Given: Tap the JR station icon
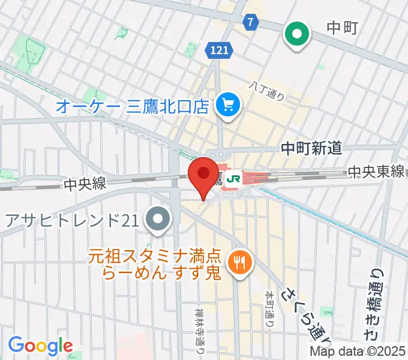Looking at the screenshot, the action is tap(235, 178).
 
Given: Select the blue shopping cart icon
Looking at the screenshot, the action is tap(228, 107).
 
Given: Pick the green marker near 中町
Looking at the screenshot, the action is tap(296, 35).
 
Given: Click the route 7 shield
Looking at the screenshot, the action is tap(251, 22).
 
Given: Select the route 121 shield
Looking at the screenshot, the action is tap(220, 51).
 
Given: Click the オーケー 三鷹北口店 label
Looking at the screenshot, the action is tap(132, 107).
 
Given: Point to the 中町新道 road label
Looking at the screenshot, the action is tap(312, 148).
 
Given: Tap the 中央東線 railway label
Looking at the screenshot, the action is tap(377, 172).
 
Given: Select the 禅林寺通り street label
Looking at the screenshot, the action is tap(200, 329).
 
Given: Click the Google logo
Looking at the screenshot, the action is tap(40, 346).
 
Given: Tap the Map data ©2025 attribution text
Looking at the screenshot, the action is tap(358, 352).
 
